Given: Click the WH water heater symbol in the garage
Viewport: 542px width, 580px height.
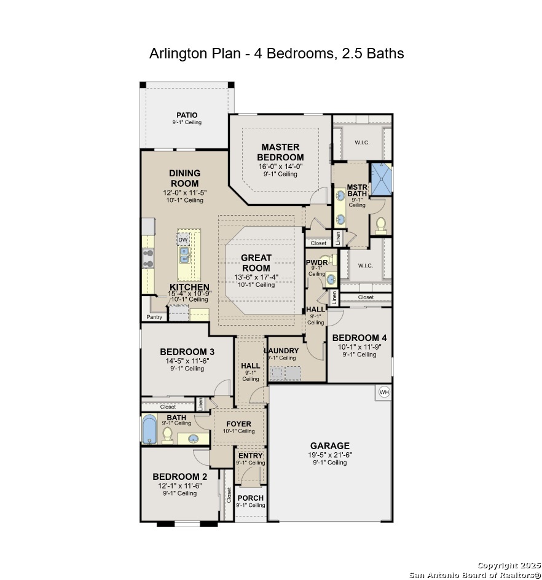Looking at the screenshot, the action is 384,392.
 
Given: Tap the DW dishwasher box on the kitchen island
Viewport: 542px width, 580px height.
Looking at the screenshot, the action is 183,240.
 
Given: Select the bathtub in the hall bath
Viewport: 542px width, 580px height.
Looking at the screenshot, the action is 149,429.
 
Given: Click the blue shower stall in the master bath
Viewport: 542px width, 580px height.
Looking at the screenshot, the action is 381,179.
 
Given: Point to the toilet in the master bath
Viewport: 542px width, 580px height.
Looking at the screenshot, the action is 381,225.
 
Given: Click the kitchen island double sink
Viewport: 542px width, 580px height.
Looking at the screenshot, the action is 184,255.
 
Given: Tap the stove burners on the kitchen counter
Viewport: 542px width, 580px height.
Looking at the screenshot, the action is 148,258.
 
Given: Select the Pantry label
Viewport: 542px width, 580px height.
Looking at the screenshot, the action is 154,317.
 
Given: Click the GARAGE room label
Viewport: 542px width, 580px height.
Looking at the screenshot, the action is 329,445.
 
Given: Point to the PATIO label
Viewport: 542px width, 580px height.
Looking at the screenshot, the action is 187,115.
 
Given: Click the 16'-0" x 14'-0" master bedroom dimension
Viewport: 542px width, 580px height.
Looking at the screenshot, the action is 280,167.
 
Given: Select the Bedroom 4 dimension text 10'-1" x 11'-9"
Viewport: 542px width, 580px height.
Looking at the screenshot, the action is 359,347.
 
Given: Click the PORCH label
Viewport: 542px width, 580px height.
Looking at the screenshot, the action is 251,498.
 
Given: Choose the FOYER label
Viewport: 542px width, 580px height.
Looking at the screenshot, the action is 238,424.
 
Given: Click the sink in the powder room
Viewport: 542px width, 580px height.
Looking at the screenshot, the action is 331,280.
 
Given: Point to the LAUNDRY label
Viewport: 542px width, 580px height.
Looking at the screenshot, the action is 281,351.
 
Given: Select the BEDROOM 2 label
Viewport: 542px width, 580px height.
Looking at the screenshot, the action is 180,477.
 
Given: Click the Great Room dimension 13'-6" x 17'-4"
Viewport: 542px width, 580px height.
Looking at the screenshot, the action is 256,278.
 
